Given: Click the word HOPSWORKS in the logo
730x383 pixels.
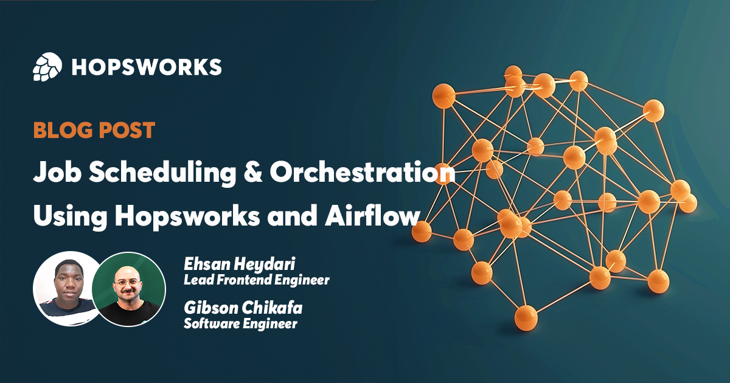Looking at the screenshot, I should point(146,67).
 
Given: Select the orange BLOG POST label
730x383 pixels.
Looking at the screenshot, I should point(94,130).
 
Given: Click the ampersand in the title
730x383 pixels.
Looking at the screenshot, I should point(252,173).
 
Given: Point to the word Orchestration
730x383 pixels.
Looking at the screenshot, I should point(363,173).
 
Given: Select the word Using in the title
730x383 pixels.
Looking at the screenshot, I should point(66,217).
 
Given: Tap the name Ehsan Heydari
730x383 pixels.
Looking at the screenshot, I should point(239,265).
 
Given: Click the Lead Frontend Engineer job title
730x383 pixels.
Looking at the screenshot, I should point(256,280).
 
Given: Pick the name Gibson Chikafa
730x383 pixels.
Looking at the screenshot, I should point(243,308).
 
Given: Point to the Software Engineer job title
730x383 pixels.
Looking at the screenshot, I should point(240,323).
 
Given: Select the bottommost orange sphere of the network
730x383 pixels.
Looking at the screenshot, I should point(526,316).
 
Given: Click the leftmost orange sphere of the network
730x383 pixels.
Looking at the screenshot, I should point(421,231).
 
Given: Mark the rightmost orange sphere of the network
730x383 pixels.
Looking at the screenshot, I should point(688,203).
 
